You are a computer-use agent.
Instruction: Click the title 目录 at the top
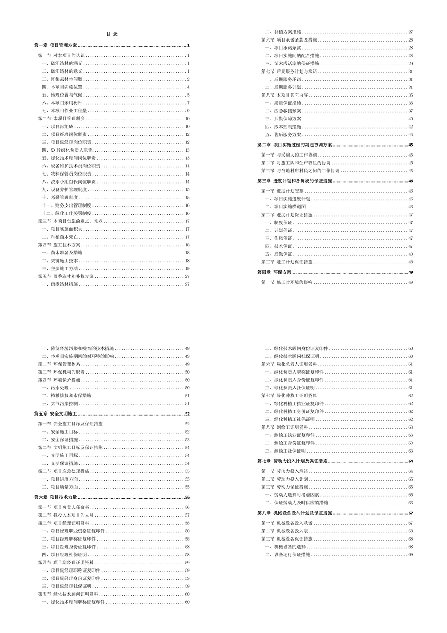click(x=112, y=34)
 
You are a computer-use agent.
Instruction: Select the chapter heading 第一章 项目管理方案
click(x=56, y=46)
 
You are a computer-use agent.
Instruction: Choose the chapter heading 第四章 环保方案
click(x=274, y=273)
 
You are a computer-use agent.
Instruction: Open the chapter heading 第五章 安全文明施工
click(x=56, y=414)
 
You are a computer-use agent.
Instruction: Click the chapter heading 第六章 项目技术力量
click(x=56, y=497)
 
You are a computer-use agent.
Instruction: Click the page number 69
click(x=411, y=554)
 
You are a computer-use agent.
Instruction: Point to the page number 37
click(x=411, y=111)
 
